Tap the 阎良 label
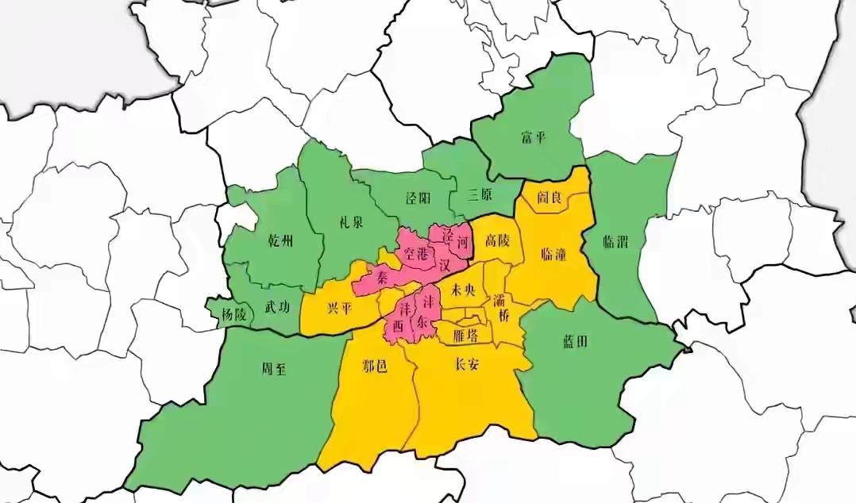coord(549,198)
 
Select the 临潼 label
coord(553,254)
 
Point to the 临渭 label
coord(615,243)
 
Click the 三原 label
coord(481,194)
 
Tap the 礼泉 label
coord(349,222)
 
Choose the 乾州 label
coord(281,241)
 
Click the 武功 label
coord(277,305)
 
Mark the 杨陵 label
coord(233,315)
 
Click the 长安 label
coord(467,365)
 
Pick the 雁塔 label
coord(465,335)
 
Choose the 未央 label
coord(462,290)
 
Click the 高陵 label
coord(497,240)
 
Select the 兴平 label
coord(338,308)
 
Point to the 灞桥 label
coord(502,308)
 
